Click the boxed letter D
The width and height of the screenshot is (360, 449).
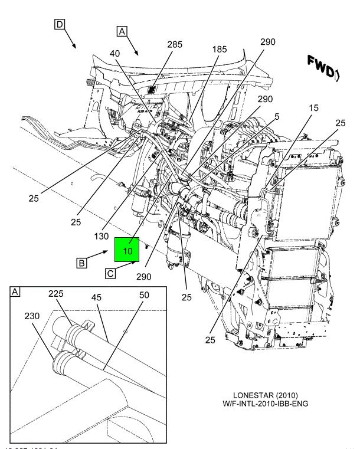[59, 24]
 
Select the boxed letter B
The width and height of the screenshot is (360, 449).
[83, 264]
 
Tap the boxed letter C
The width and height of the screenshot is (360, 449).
[110, 273]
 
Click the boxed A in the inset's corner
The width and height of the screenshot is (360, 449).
[16, 292]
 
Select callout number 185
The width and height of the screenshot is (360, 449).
[219, 50]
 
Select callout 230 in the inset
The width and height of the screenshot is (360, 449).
[32, 316]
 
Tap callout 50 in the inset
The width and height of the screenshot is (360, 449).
[143, 294]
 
